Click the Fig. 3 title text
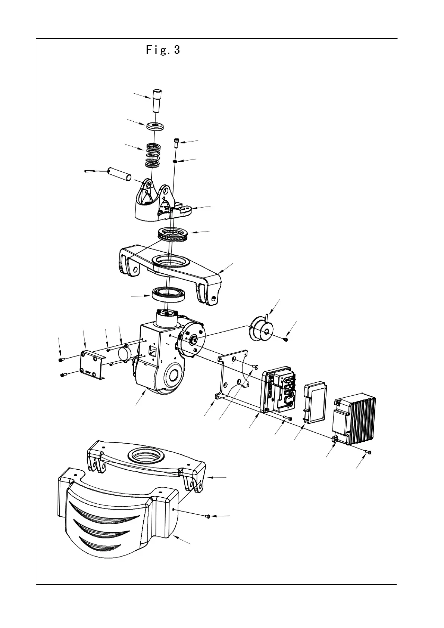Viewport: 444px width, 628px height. [163, 50]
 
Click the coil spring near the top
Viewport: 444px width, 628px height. [153, 155]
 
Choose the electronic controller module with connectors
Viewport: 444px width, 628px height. [280, 388]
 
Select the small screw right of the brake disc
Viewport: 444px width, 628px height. [285, 339]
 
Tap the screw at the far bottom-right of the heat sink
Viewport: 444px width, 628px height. [369, 452]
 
